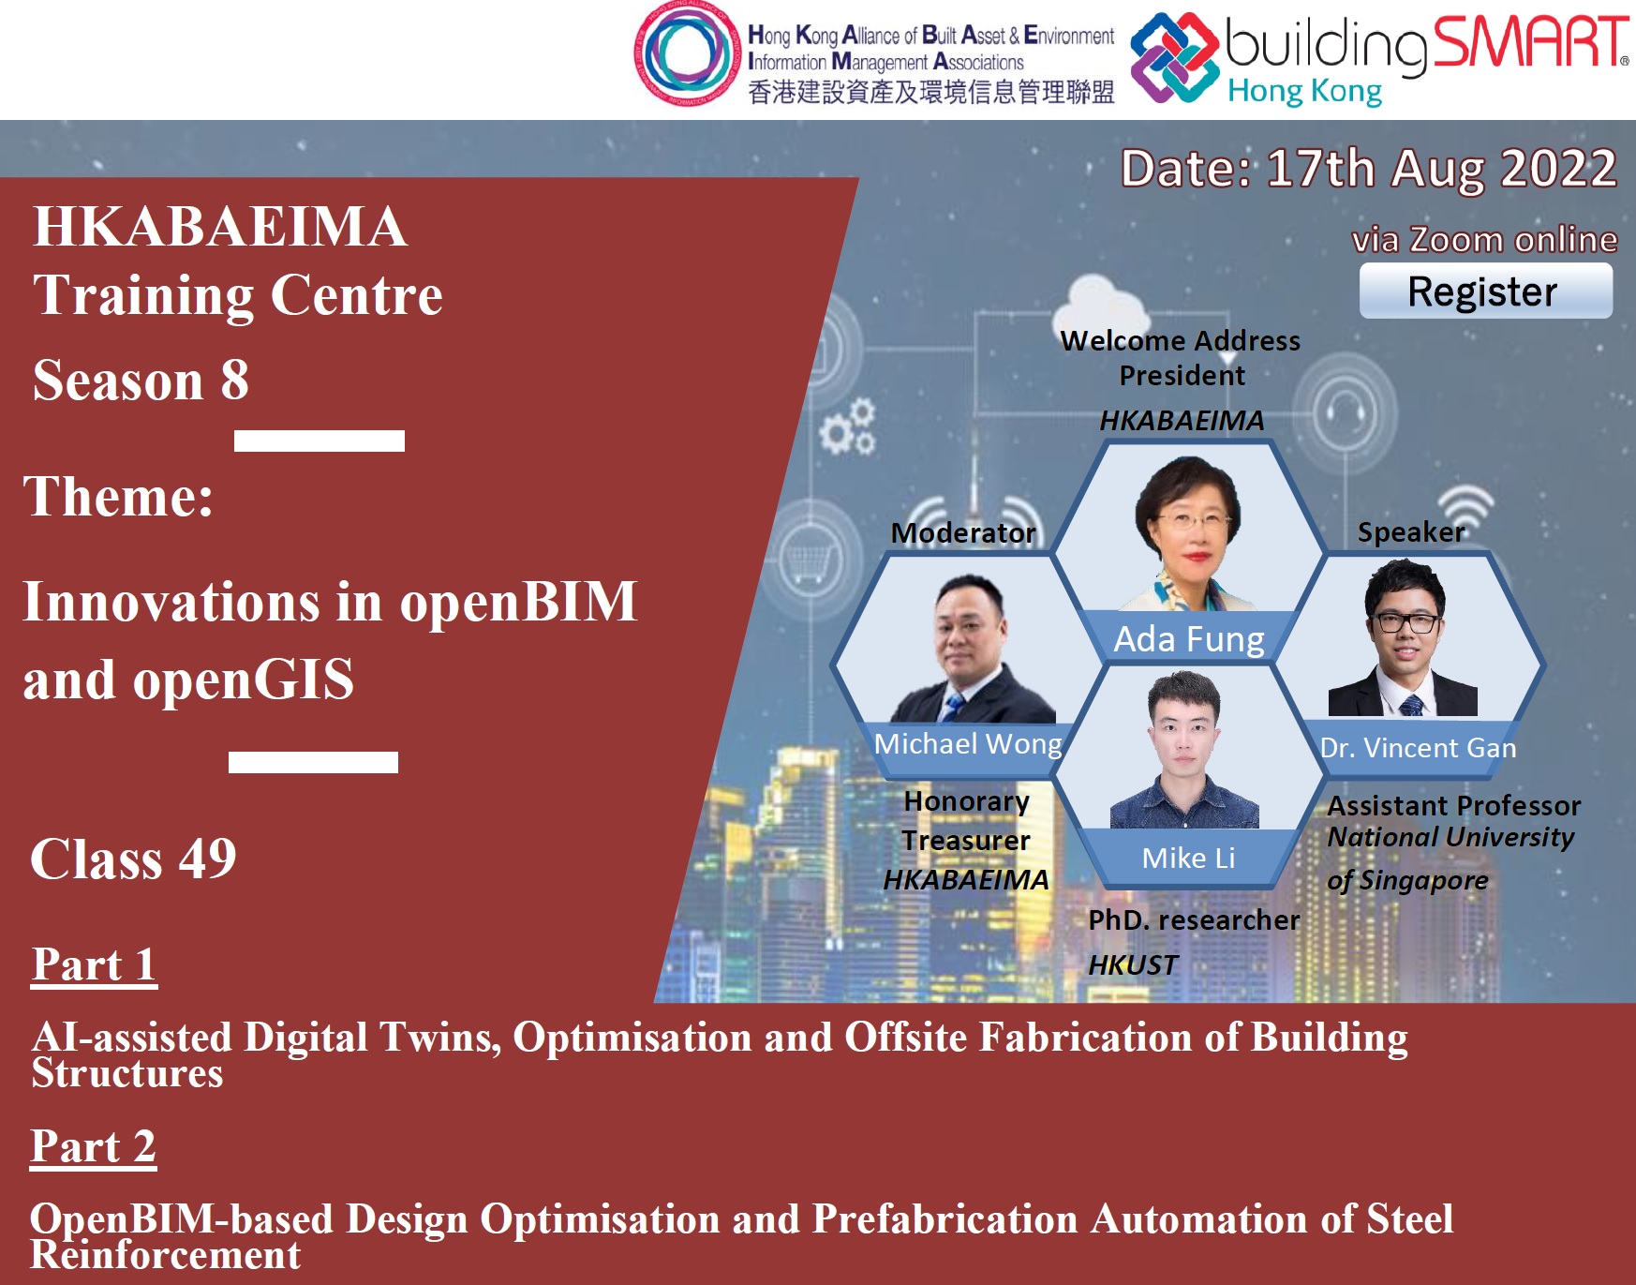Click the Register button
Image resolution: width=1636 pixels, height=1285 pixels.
[x=1485, y=291]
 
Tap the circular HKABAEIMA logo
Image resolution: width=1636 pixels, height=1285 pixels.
[x=687, y=52]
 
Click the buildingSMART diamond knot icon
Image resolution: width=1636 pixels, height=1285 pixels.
[x=1175, y=58]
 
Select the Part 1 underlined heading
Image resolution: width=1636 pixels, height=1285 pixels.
[x=94, y=965]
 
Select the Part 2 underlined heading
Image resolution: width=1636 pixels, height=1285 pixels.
[x=94, y=1147]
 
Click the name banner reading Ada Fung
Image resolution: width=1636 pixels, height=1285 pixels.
[x=1188, y=639]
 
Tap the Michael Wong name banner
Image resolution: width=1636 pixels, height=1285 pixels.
[x=968, y=744]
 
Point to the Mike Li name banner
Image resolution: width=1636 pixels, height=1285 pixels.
[x=1188, y=859]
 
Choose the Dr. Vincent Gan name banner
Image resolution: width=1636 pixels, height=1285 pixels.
[x=1417, y=748]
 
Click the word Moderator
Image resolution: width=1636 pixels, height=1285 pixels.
[x=963, y=533]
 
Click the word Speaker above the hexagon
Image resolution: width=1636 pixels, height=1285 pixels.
[x=1411, y=532]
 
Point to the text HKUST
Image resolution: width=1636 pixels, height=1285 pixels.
[x=1133, y=964]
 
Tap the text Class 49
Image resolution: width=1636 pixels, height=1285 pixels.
[x=133, y=859]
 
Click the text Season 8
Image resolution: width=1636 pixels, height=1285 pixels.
[x=141, y=380]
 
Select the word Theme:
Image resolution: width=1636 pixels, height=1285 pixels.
[x=118, y=497]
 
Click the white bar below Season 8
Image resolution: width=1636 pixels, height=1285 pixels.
[x=320, y=441]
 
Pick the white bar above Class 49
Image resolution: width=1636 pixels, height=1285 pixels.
[x=313, y=762]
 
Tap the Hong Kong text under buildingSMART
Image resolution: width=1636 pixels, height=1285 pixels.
[x=1304, y=92]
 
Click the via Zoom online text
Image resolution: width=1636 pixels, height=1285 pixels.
[x=1484, y=240]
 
